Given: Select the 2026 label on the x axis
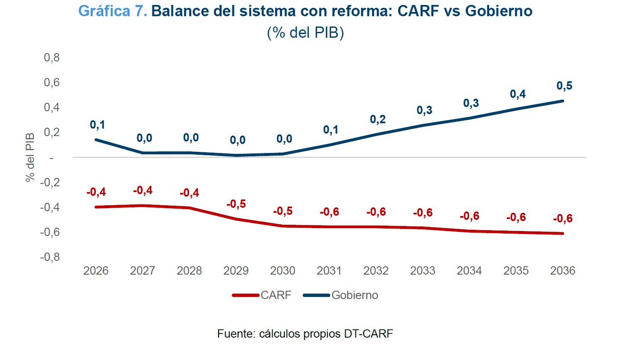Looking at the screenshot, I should [x=96, y=271].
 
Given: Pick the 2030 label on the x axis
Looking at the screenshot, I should [x=283, y=271].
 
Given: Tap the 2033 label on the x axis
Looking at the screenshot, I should [x=423, y=271].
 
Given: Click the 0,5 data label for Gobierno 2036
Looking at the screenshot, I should [x=564, y=86].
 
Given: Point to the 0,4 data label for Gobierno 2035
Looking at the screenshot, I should [x=518, y=94].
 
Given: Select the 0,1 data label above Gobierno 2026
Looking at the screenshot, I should [x=97, y=124].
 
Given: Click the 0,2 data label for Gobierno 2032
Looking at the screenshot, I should [x=378, y=119].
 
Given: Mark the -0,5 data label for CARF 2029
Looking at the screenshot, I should [x=236, y=204].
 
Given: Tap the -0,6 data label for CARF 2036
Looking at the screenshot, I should [x=563, y=218].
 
